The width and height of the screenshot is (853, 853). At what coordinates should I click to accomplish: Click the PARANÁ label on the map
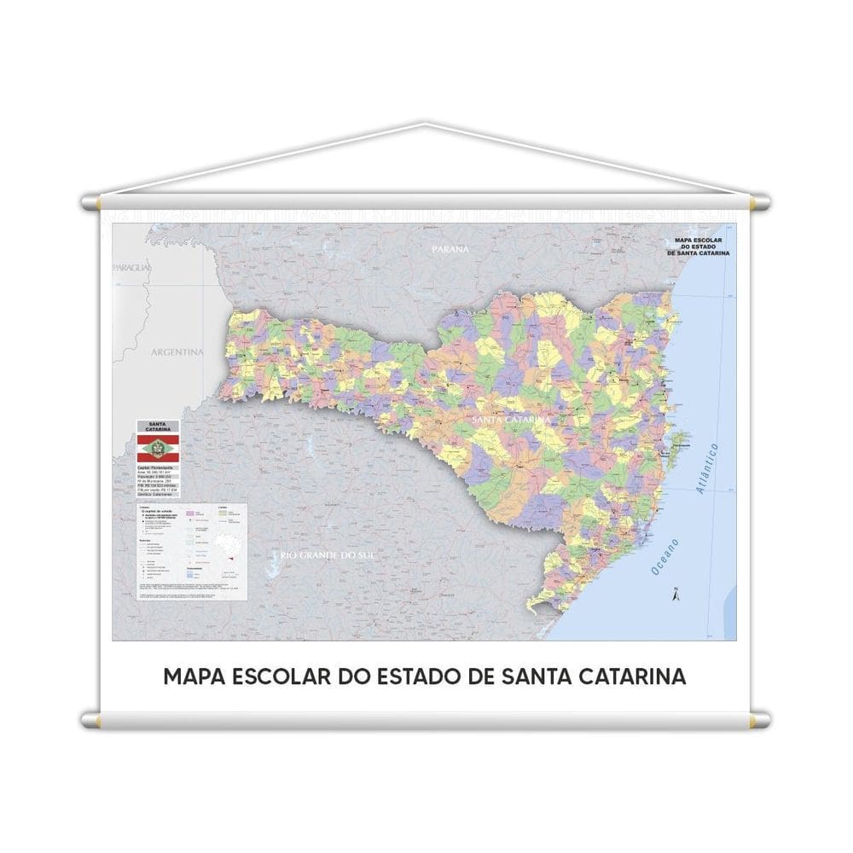pos(450,248)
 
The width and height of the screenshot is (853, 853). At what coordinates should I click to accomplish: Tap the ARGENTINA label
pos(177,351)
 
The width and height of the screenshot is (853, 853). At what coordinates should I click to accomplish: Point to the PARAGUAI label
pos(132,268)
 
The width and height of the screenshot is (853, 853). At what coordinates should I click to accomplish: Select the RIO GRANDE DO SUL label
pos(327,556)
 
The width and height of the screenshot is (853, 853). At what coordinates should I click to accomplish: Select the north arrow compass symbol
pos(674,594)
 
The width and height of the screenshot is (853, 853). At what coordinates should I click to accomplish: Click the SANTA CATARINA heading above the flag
pos(158,426)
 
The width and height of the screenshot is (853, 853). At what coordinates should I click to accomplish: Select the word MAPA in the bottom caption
pos(190,676)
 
